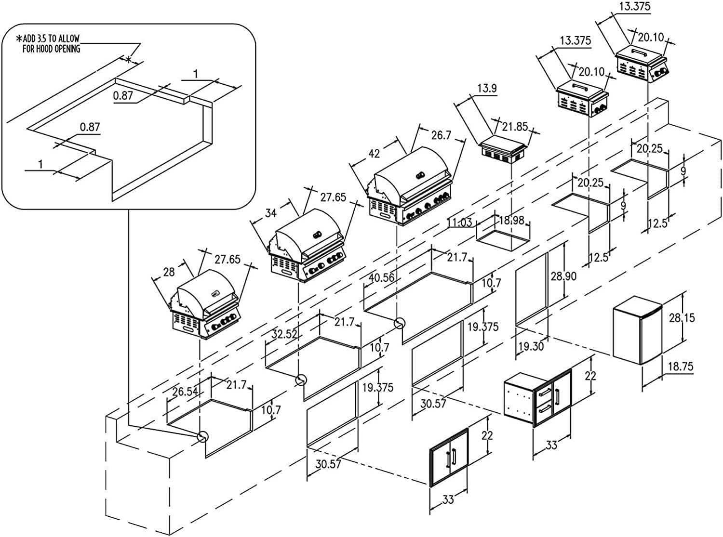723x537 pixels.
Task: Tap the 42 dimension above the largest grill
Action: [374, 154]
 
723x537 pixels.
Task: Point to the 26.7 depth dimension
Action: [441, 135]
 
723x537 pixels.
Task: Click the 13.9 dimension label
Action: [487, 88]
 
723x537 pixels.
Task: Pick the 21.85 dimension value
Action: [515, 127]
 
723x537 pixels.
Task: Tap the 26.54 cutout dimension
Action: [186, 392]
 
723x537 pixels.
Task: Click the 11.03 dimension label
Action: [460, 223]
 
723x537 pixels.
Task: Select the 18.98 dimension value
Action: [510, 220]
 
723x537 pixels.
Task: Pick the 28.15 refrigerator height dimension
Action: [682, 317]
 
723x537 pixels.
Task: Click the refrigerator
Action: [637, 330]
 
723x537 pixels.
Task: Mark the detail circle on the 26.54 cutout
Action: [203, 436]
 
